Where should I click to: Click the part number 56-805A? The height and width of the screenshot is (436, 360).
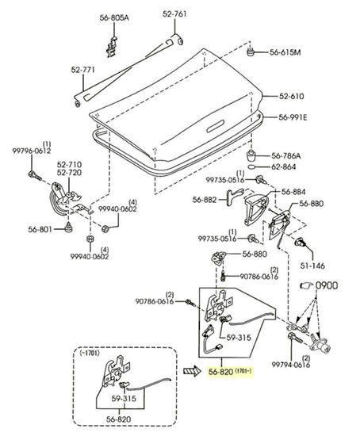[114, 17]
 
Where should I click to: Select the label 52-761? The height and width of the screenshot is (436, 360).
[174, 13]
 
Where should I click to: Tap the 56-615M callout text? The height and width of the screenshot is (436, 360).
[285, 52]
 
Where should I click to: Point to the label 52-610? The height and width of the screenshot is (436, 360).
[292, 96]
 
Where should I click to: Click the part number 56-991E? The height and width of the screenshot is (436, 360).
[293, 117]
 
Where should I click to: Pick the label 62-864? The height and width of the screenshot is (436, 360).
[284, 166]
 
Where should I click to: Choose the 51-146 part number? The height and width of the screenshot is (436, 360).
[312, 266]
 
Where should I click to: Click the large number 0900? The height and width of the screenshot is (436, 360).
[327, 285]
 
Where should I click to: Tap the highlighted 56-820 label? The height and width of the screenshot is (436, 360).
[220, 372]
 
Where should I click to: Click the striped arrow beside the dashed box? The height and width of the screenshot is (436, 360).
[192, 371]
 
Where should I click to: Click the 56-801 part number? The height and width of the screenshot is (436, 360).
[40, 229]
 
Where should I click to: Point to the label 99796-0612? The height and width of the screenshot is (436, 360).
[32, 151]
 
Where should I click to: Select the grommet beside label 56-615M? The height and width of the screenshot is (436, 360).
[251, 52]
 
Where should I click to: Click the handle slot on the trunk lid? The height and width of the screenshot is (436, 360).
[215, 126]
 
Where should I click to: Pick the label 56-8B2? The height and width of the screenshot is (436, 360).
[205, 200]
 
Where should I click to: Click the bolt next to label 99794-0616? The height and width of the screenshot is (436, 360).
[296, 338]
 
